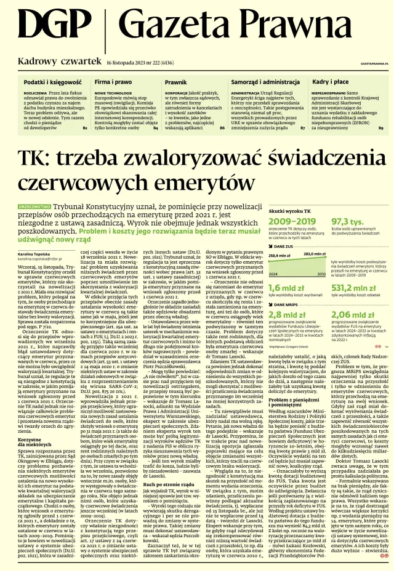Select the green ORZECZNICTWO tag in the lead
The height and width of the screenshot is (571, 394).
click(34, 191)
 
